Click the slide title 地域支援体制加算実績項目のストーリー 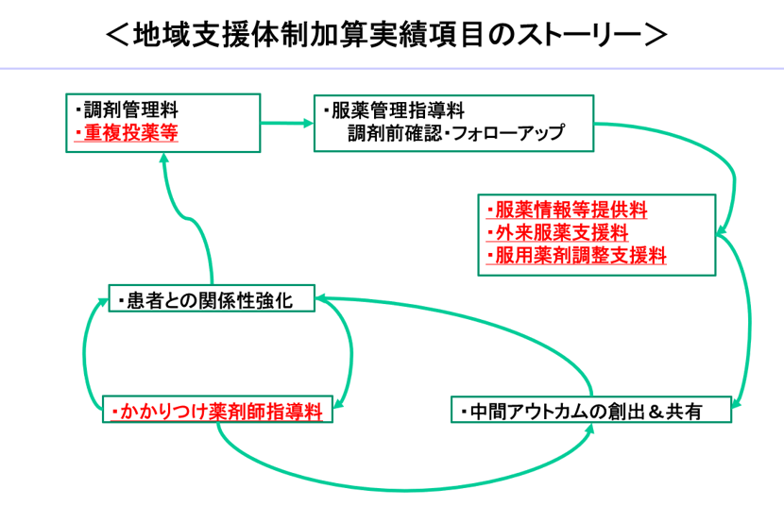pos(388,35)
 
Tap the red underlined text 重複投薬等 pos(127,133)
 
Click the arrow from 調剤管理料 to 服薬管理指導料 pos(287,122)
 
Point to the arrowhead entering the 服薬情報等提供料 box pos(721,232)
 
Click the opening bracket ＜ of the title pos(119,35)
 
